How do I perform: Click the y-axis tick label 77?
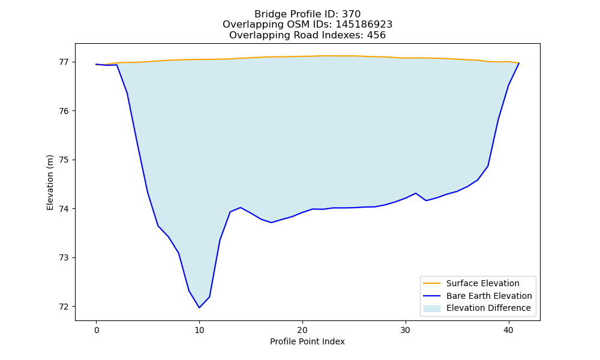point(64,62)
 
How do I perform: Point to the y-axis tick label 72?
point(64,307)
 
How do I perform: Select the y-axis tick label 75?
point(64,160)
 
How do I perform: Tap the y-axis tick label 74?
point(64,209)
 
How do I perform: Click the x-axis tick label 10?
point(199,330)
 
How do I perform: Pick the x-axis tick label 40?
point(509,330)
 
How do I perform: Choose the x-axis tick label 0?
point(97,330)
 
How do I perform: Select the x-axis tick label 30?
point(406,330)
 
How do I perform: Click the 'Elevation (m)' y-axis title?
point(50,182)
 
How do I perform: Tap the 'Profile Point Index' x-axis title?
point(307,341)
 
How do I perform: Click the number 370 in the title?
point(351,14)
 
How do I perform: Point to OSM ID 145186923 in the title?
point(364,25)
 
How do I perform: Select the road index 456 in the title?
point(376,35)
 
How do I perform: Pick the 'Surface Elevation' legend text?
point(483,283)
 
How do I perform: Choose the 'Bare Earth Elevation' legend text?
point(489,296)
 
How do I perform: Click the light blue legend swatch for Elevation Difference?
point(431,308)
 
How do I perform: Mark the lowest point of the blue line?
point(199,308)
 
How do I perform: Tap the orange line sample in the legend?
point(431,283)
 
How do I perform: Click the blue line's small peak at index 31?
point(416,193)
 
